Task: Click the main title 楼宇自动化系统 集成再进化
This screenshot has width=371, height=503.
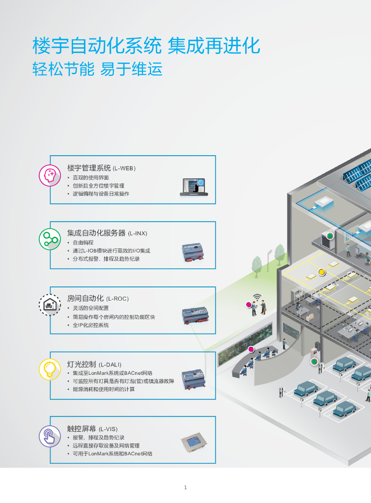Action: click(x=146, y=47)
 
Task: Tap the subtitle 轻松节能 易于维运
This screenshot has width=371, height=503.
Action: click(x=97, y=69)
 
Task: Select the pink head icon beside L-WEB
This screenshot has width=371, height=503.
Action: click(x=50, y=175)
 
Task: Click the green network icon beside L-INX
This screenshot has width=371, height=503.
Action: click(x=50, y=239)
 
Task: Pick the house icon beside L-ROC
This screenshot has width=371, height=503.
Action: click(x=50, y=306)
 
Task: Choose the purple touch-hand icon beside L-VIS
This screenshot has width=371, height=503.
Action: click(x=50, y=435)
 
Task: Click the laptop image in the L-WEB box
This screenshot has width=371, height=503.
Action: click(x=193, y=187)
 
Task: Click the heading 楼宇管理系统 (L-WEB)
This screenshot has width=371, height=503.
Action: click(x=101, y=168)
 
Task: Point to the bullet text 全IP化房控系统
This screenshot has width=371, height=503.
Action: click(x=90, y=325)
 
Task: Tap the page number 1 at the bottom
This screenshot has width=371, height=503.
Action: click(x=185, y=487)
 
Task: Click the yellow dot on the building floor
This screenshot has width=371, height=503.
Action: click(x=322, y=272)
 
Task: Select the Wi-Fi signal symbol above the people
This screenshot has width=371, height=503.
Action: click(x=257, y=297)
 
